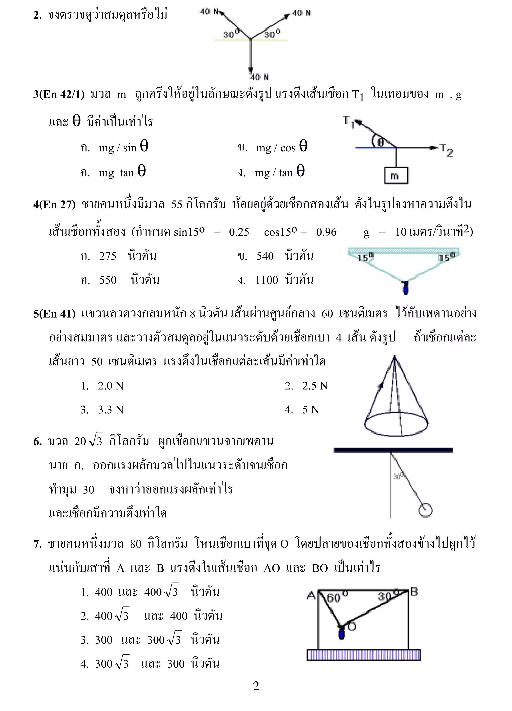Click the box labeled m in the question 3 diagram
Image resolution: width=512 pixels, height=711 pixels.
click(x=396, y=175)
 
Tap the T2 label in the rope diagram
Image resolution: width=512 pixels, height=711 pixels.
click(x=446, y=150)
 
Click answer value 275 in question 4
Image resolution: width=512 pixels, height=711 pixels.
click(x=108, y=256)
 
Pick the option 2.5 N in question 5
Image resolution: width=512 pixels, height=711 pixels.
click(x=315, y=386)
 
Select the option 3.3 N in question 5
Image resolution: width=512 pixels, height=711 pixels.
click(x=110, y=410)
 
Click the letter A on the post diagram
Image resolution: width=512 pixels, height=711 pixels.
click(x=311, y=595)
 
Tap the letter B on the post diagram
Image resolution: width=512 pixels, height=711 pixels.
click(x=414, y=592)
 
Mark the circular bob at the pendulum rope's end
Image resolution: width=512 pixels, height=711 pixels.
click(x=425, y=510)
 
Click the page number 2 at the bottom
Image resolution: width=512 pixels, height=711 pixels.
click(x=256, y=686)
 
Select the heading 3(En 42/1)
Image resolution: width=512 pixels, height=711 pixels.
click(x=59, y=94)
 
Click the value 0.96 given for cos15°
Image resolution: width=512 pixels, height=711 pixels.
click(x=326, y=232)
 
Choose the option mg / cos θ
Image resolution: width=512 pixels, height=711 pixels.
click(x=281, y=147)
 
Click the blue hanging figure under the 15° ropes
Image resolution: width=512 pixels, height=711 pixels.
click(x=406, y=288)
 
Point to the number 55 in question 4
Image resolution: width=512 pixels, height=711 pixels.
click(x=176, y=205)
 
